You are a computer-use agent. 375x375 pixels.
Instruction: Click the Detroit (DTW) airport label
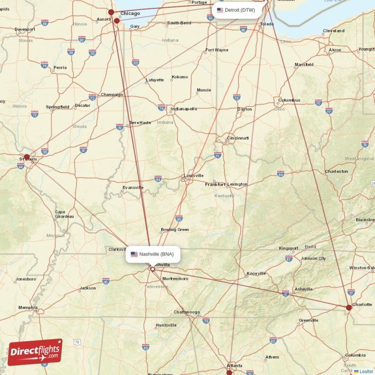(x=237, y=10)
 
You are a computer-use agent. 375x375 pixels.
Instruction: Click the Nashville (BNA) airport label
(x=153, y=254)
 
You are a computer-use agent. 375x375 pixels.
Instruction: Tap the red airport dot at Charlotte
(x=348, y=307)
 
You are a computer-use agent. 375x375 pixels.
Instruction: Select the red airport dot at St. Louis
(x=27, y=157)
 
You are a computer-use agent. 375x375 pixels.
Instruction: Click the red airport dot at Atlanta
(x=229, y=373)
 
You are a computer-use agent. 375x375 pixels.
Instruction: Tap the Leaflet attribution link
(x=366, y=371)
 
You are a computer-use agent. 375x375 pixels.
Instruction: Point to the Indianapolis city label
(x=184, y=109)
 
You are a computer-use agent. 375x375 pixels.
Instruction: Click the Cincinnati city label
(x=238, y=138)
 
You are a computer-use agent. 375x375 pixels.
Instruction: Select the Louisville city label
(x=194, y=176)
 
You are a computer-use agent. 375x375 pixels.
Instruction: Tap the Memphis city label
(x=28, y=307)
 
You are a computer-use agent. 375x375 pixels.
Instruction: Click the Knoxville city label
(x=256, y=273)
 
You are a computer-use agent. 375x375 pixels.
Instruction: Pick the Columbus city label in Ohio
(x=289, y=100)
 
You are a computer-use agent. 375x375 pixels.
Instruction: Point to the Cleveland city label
(x=333, y=31)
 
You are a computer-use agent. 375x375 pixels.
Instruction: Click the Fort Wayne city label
(x=217, y=50)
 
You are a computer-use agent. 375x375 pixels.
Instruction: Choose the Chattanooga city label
(x=187, y=312)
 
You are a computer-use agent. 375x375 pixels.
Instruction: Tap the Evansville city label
(x=133, y=187)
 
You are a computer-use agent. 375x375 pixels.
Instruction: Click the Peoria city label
(x=60, y=67)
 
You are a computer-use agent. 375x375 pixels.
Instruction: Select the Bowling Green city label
(x=175, y=230)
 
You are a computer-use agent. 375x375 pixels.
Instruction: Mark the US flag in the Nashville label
(x=134, y=254)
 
